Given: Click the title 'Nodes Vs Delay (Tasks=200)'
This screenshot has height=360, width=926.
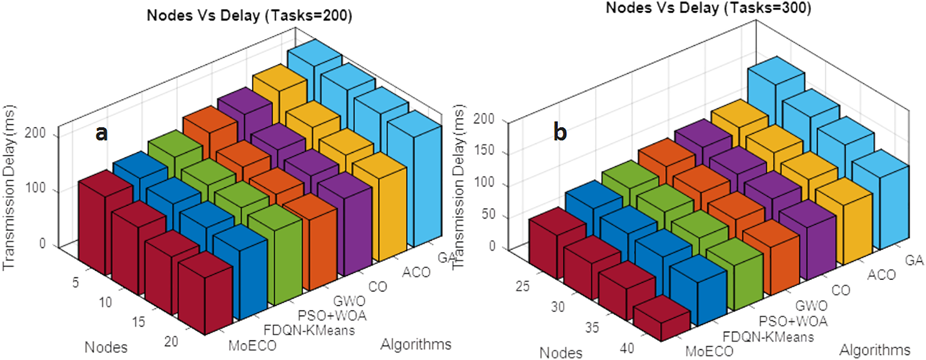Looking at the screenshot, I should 249,16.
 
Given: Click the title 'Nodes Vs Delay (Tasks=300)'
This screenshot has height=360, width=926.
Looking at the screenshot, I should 708,8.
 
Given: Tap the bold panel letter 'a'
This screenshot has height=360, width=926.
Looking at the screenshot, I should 102,134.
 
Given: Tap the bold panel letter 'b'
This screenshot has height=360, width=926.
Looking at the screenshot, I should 560,132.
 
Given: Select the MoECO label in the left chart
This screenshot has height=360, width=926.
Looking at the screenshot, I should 252,346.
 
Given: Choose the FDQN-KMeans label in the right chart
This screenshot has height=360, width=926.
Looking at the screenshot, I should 768,337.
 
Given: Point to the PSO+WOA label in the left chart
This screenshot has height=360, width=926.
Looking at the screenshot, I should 332,316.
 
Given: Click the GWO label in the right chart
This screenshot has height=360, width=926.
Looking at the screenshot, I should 811,306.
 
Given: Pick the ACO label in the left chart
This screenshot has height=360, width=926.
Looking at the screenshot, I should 416,272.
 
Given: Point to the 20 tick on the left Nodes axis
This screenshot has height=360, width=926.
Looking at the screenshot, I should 171,341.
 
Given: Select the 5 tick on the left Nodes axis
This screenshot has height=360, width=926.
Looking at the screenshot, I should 75,283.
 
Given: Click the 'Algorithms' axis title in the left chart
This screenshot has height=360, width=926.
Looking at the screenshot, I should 415,344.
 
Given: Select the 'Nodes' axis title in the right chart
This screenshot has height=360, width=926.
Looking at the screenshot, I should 561,353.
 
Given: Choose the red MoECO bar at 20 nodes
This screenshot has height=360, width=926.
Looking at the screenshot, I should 205,298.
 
